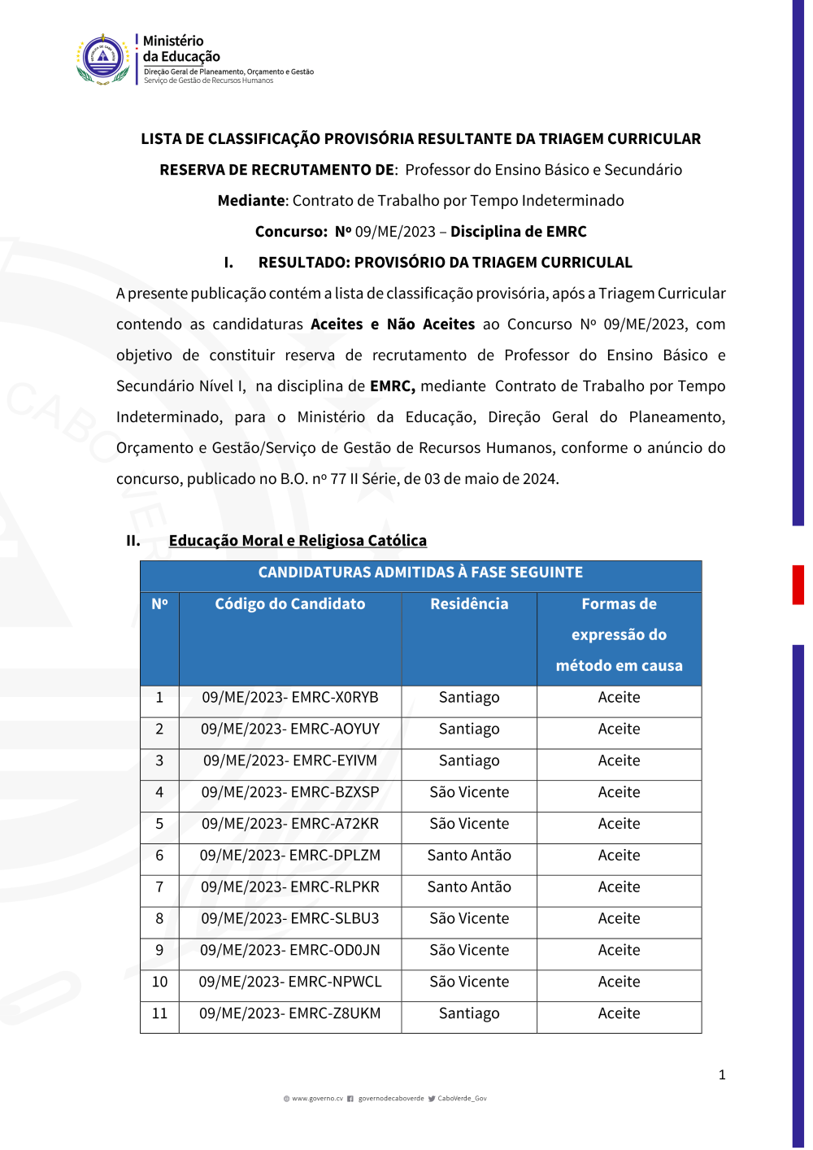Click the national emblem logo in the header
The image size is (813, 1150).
(103, 59)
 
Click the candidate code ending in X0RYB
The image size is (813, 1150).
(290, 698)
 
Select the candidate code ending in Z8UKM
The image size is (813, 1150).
(290, 1014)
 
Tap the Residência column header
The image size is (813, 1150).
(469, 604)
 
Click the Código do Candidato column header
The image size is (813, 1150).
(290, 604)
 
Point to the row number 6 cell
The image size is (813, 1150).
(159, 856)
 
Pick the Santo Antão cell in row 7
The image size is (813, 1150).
(469, 887)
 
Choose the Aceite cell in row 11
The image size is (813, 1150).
(619, 1014)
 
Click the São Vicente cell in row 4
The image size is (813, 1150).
(469, 792)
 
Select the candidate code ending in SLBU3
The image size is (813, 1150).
(290, 919)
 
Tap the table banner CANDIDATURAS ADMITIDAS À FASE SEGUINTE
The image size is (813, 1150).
(420, 573)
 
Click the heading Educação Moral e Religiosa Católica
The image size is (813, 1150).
(298, 541)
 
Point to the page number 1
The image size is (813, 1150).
(722, 1075)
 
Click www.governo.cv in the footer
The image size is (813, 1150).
(317, 1099)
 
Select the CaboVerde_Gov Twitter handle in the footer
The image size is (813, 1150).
(462, 1099)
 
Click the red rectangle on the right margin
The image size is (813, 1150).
(798, 585)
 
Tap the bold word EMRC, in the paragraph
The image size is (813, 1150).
(393, 386)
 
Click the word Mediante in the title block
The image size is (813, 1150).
(251, 201)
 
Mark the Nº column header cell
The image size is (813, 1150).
(159, 604)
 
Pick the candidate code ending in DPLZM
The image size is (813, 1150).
(290, 856)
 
